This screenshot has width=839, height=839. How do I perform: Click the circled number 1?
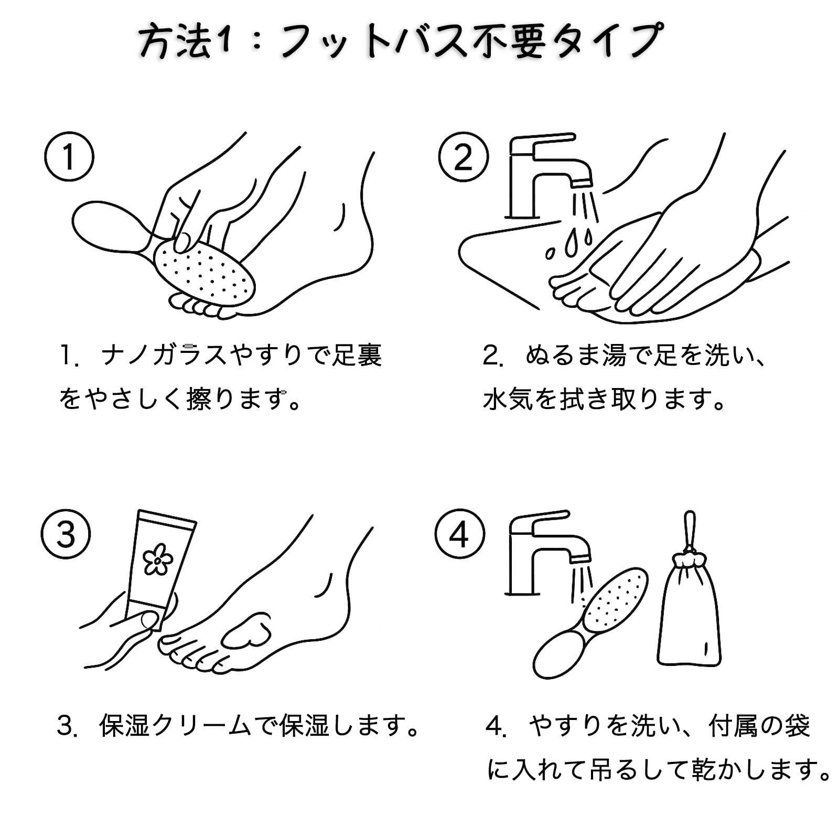[x=69, y=157]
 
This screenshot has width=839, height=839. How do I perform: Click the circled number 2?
[x=463, y=157]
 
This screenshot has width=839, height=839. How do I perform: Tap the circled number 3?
[x=66, y=534]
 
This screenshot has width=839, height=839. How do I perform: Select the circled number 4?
[x=460, y=534]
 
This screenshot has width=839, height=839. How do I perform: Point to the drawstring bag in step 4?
[x=689, y=619]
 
